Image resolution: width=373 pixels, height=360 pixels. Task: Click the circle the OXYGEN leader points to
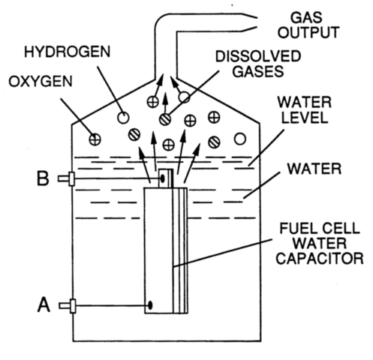(x=95, y=138)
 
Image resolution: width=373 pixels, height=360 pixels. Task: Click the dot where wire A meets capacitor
(x=151, y=305)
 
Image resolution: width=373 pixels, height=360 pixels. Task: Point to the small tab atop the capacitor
(x=164, y=178)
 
